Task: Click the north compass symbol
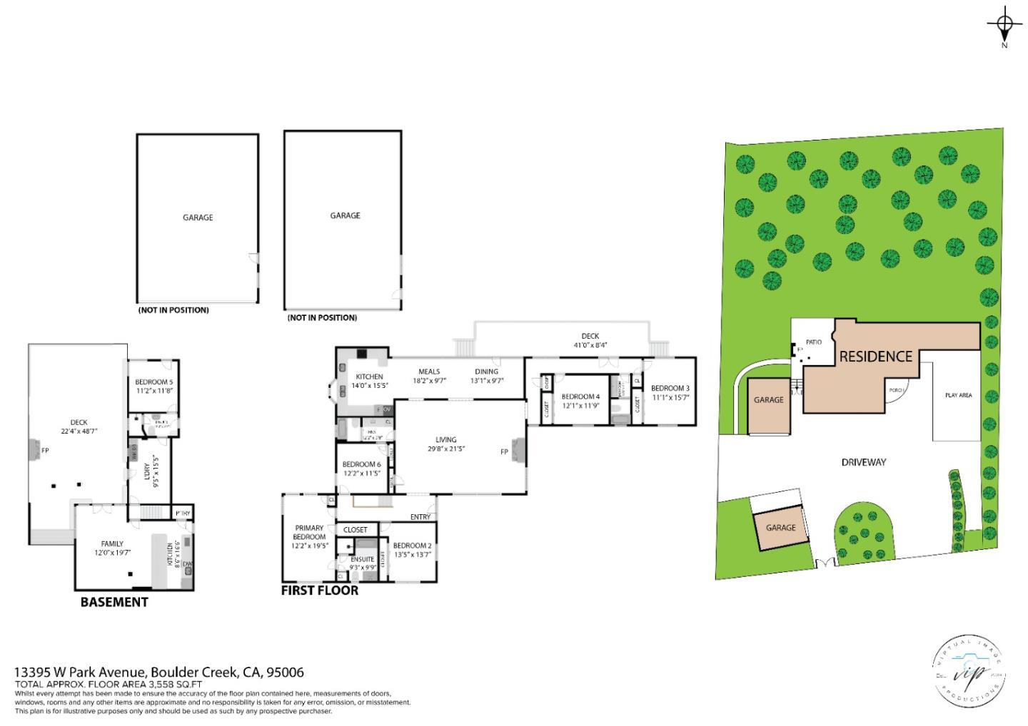click(1004, 26)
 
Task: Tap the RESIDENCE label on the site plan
click(875, 356)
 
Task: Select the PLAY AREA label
click(958, 395)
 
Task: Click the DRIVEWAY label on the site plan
click(863, 462)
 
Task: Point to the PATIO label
click(813, 342)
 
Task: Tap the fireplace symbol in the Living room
click(519, 451)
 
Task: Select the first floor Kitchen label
click(369, 377)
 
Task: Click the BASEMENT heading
click(114, 602)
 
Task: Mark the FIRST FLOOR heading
click(319, 590)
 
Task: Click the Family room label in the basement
click(112, 543)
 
